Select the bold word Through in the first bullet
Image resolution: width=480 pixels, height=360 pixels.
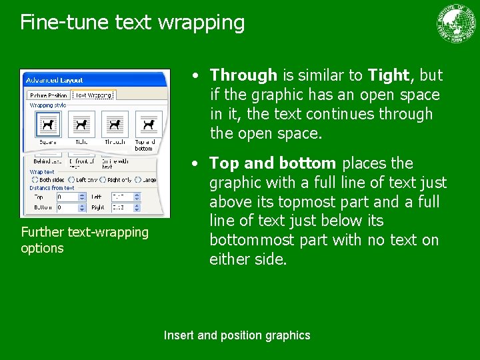(243, 75)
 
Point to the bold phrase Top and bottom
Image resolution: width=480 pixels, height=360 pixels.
(273, 163)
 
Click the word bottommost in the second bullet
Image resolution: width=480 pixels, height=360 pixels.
(251, 240)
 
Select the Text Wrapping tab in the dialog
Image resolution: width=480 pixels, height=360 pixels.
(94, 95)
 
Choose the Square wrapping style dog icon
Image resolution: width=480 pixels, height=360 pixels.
(47, 125)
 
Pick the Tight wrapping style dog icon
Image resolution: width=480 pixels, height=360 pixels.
(81, 125)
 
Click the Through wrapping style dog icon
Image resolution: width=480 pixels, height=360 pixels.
(115, 125)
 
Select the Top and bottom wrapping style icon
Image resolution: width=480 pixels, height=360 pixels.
(148, 125)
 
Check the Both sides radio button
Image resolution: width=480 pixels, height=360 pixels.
(35, 180)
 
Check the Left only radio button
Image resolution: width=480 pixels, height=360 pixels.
(71, 180)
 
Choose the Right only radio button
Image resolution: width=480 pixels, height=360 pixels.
(102, 180)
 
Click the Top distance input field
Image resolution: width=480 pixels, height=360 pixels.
(68, 197)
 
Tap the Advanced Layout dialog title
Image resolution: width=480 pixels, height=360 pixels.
(54, 81)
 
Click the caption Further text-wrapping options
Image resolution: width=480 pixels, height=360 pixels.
(85, 240)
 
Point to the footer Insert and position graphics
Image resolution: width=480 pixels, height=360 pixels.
(237, 335)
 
